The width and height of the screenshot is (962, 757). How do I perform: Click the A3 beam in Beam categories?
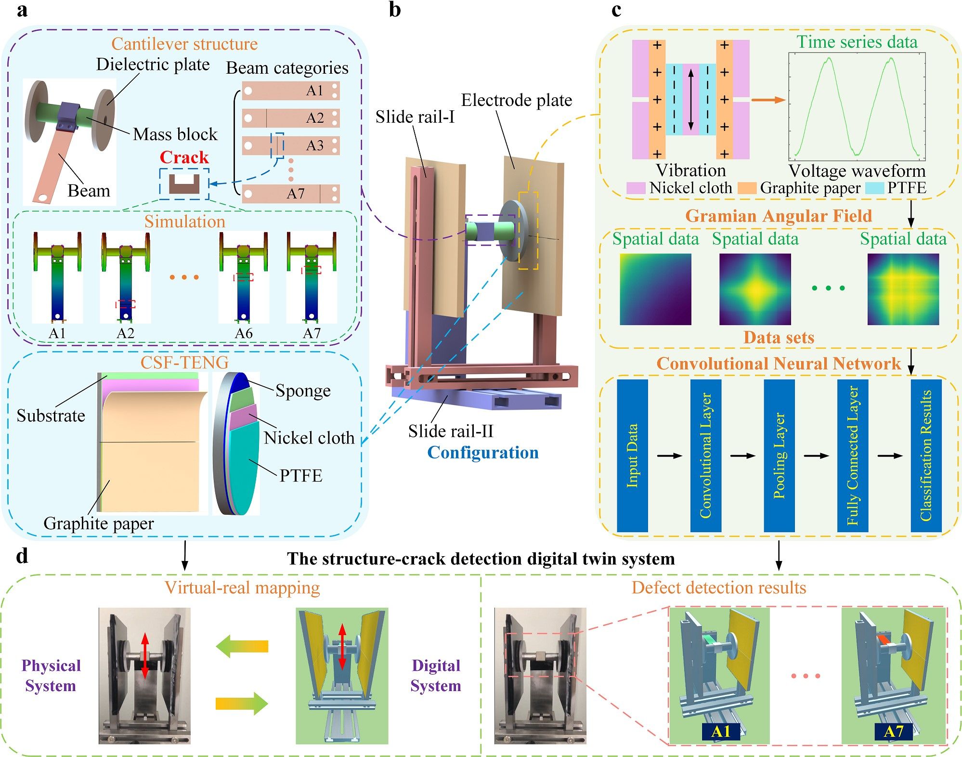tap(291, 145)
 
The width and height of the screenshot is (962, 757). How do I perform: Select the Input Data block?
tap(632, 456)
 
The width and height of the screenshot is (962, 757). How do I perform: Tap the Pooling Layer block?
tap(779, 456)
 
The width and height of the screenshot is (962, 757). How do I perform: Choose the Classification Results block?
tap(926, 456)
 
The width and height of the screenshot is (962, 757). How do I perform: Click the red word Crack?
tap(184, 157)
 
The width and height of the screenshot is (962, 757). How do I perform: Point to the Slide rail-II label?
tap(451, 431)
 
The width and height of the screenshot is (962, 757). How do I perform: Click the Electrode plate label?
tap(517, 100)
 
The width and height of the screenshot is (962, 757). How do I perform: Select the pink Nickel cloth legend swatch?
tap(636, 188)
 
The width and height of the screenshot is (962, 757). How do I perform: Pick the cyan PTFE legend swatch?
tap(874, 188)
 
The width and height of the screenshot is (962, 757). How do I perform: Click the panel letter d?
tap(22, 556)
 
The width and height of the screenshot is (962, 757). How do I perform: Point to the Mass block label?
tap(175, 134)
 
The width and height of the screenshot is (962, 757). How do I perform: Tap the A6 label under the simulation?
tap(244, 333)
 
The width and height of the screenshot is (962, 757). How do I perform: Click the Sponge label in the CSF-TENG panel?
tap(303, 391)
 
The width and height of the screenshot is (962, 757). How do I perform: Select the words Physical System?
tap(51, 675)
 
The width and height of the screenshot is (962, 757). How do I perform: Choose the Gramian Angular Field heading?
tap(779, 216)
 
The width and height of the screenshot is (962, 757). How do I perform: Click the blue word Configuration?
tap(483, 453)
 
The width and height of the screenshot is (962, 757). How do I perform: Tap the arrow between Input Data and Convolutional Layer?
tap(669, 456)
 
